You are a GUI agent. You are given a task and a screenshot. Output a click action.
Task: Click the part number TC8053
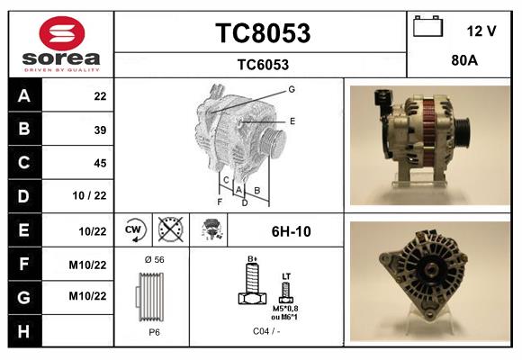pos(262,33)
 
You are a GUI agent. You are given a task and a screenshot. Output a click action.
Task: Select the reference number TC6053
pos(262,64)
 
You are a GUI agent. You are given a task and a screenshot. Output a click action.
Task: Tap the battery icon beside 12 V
pos(429,28)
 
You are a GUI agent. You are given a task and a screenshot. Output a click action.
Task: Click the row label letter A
pos(23,96)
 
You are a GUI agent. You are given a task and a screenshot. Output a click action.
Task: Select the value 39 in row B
pos(100,130)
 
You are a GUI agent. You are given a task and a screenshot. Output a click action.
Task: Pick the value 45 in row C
pos(100,163)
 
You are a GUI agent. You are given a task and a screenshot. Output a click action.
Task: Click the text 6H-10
pos(291,231)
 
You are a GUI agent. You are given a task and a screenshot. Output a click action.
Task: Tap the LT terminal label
pos(286,274)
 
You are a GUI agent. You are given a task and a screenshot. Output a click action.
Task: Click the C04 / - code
pos(265,331)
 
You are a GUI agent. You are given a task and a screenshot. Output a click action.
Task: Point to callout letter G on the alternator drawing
pos(292,89)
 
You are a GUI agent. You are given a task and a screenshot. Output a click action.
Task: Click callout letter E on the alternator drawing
pos(292,121)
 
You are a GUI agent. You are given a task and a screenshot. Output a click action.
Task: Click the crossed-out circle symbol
pos(168,230)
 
